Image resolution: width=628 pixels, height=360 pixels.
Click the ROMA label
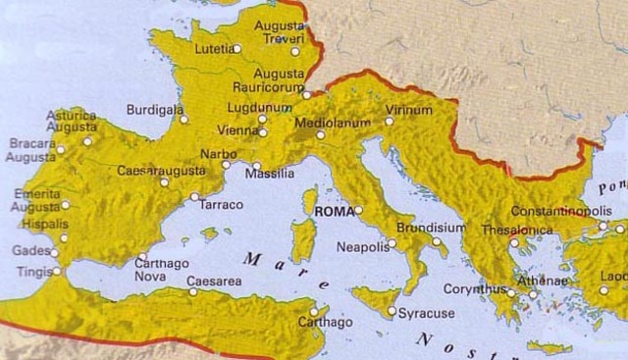331,210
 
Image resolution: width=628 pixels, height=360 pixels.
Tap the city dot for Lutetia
236,47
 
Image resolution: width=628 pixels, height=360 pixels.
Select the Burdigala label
155,110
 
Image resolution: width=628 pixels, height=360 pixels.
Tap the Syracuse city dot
392,313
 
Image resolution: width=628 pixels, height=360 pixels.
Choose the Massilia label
271,174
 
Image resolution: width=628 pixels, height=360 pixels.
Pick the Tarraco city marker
194,197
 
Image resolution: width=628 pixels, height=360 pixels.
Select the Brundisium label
430,226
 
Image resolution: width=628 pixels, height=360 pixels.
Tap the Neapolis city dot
392,242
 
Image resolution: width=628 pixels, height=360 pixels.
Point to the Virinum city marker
390,122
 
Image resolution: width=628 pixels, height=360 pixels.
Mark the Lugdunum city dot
263,119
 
